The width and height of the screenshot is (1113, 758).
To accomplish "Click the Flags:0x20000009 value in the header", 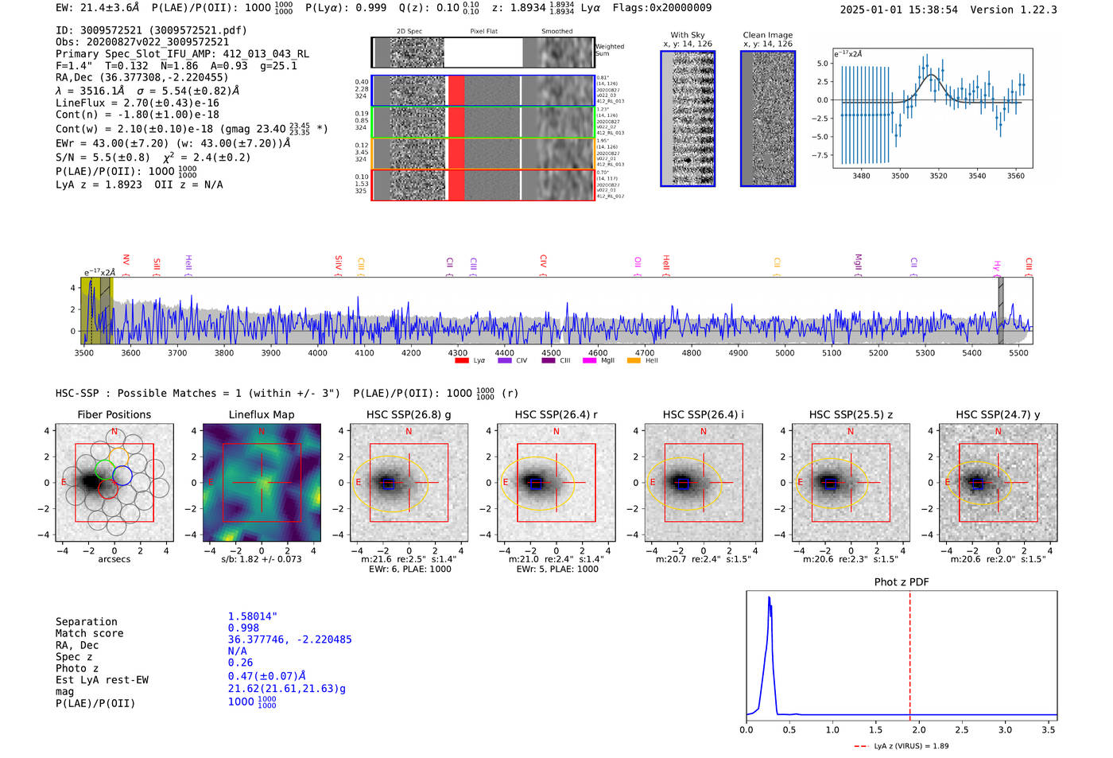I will coord(662,7).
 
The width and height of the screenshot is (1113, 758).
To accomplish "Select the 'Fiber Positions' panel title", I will coord(114,414).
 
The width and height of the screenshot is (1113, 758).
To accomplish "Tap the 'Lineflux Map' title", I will coord(262,414).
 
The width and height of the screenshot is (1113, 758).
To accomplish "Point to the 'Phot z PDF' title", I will coord(902,581).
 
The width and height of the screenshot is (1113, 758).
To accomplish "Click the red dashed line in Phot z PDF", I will coord(909,652).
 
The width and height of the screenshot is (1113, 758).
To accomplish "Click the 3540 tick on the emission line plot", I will coord(977,176).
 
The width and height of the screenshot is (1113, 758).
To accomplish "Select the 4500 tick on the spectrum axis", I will coord(551,352).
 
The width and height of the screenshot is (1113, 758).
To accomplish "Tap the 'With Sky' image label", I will coord(688,35).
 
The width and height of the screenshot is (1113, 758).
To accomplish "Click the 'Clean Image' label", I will coord(767,35).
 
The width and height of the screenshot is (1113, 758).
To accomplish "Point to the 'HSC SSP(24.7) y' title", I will coord(998,414).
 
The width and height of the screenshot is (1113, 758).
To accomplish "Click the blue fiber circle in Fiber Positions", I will coord(122,476).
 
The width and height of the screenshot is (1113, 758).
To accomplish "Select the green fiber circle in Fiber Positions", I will coord(104,469).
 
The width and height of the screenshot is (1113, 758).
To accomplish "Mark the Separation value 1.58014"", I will coord(253,616).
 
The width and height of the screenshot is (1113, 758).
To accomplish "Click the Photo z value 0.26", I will coord(240,663).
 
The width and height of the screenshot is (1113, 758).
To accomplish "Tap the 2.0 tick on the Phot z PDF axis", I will coord(918,729).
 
